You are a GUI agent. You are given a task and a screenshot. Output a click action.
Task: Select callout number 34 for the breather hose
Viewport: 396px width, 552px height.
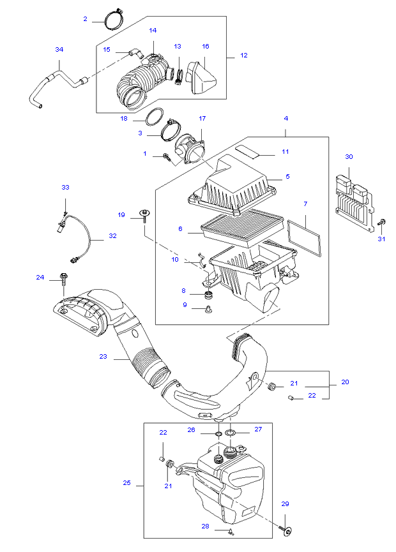point(59,50)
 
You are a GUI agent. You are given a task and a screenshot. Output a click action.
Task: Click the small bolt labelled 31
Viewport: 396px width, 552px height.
point(381,223)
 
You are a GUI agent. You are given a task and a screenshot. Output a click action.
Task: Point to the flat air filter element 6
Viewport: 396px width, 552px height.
point(243,228)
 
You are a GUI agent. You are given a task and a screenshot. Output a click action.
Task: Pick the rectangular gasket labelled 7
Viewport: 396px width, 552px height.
point(305,237)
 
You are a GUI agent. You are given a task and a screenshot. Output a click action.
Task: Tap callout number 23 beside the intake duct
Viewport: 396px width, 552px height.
point(103,356)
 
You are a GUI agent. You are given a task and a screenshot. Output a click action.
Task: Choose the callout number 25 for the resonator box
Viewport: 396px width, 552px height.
point(127,482)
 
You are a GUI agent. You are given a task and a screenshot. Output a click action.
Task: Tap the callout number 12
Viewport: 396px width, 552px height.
point(244,56)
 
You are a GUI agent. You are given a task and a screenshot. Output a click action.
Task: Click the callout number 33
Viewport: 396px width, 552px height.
point(66,187)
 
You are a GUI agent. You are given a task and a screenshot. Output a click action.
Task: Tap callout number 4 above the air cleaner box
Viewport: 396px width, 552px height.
point(286,118)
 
